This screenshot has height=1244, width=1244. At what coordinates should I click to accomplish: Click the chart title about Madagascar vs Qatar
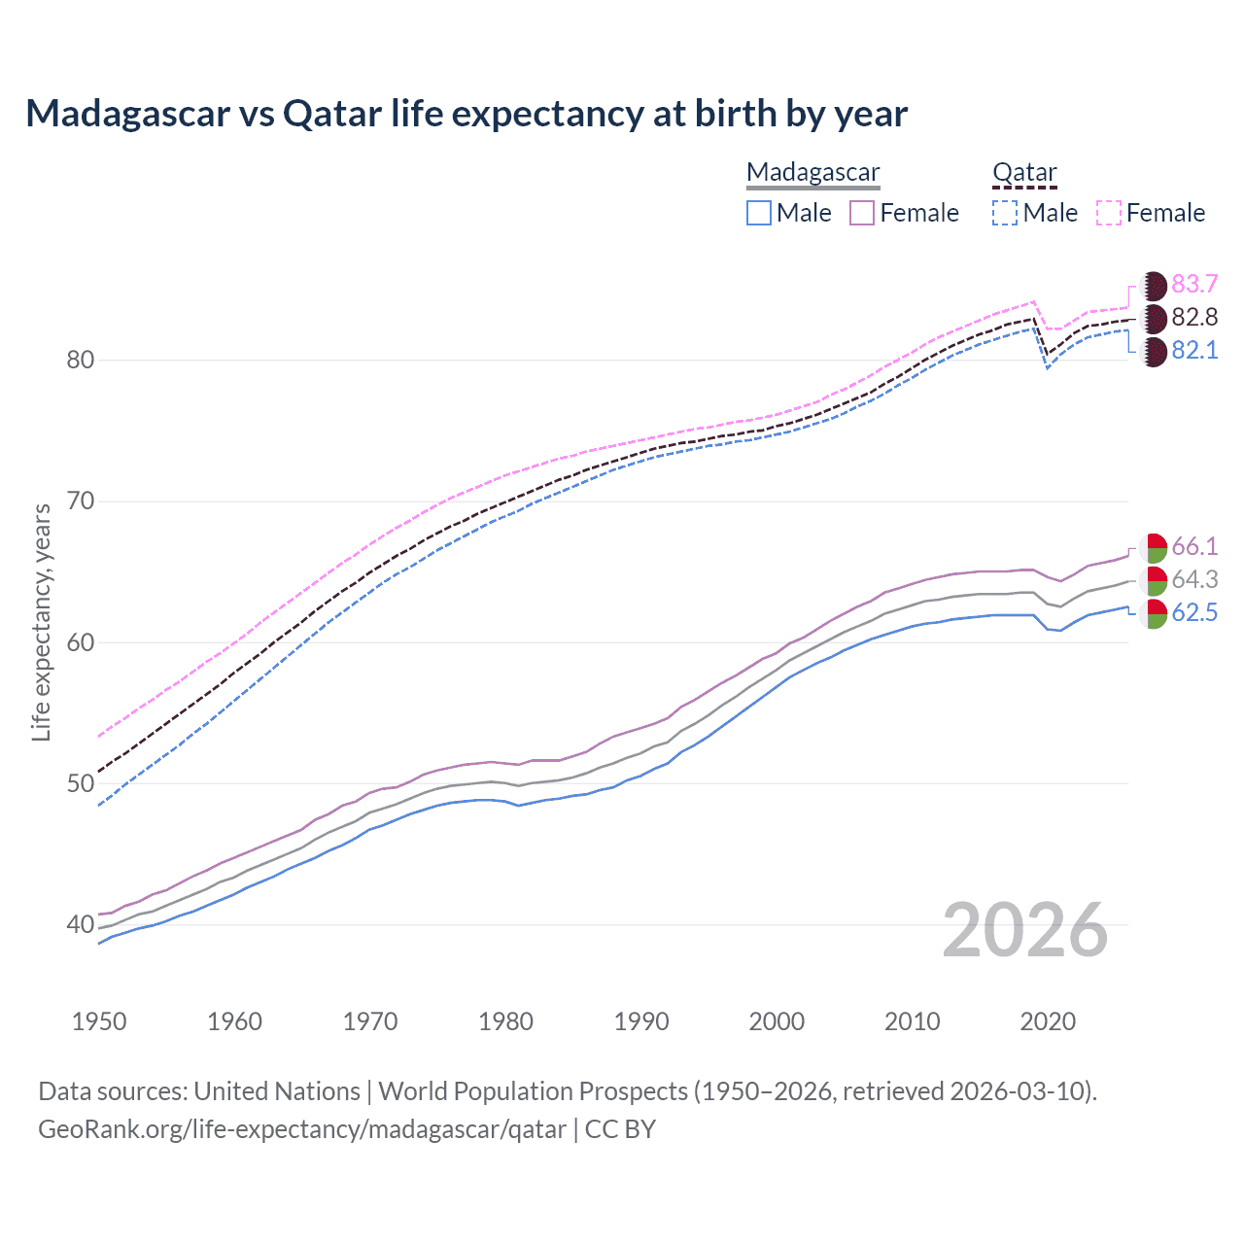point(466,114)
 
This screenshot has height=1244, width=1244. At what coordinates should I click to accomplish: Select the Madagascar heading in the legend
point(812,172)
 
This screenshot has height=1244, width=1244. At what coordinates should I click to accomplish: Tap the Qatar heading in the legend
point(1024,172)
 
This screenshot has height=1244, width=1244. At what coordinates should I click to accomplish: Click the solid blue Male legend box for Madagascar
point(759,213)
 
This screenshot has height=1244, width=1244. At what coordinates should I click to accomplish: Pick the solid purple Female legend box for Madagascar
point(862,213)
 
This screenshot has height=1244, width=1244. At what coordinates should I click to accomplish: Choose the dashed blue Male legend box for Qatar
point(1005,213)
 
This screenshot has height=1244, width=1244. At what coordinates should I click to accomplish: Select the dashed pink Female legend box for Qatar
point(1109,213)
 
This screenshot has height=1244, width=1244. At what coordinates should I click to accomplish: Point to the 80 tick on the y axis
point(81,361)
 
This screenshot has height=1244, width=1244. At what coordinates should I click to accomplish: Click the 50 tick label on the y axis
point(81,783)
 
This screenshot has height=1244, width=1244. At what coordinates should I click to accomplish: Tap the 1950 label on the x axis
point(99,1021)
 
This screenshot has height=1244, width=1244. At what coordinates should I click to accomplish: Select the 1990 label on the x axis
point(641,1021)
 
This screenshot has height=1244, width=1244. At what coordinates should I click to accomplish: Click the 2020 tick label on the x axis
point(1048,1021)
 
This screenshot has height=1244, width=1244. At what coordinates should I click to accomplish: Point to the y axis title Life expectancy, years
point(41,622)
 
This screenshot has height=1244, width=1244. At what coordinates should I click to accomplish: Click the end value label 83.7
point(1194,284)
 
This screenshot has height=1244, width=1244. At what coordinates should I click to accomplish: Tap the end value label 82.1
point(1194,350)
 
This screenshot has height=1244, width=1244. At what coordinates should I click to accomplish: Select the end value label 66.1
point(1194,546)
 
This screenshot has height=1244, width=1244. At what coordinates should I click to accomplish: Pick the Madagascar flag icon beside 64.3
point(1153,580)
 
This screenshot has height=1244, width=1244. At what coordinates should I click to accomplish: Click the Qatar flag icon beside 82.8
point(1153,318)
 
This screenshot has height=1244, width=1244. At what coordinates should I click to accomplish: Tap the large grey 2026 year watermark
point(1025,930)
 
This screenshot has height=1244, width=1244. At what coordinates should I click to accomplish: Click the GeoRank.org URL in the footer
point(302,1129)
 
